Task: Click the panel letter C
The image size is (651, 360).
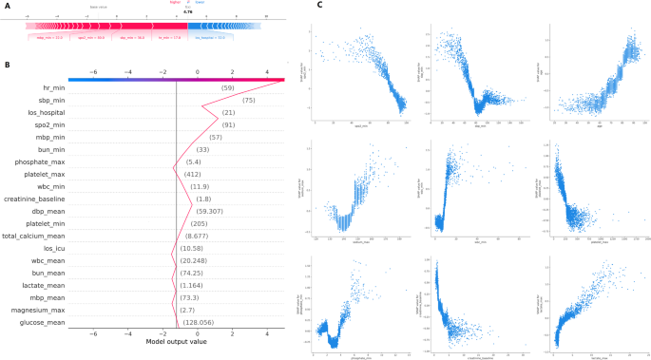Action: pos(319,6)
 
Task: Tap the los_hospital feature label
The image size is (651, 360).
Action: pos(43,113)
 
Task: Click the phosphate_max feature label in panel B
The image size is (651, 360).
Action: pos(39,161)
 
